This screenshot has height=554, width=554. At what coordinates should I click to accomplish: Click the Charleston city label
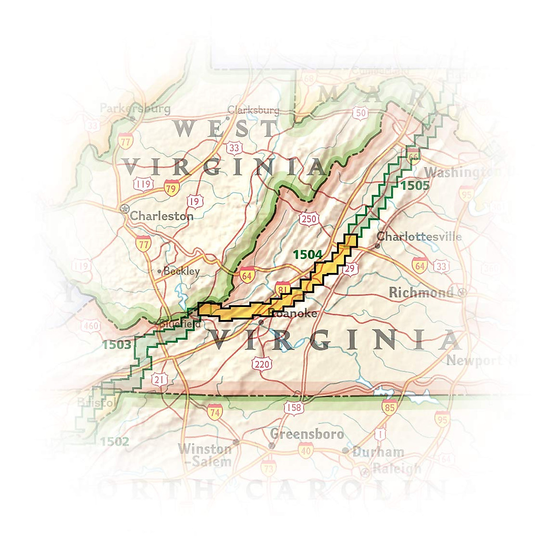[x=161, y=216]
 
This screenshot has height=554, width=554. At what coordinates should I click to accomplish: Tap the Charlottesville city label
[x=419, y=237]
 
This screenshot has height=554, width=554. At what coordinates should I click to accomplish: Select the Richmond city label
[x=421, y=293]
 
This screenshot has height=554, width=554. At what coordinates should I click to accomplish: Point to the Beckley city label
[x=181, y=271]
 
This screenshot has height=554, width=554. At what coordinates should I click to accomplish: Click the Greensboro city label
[x=307, y=434]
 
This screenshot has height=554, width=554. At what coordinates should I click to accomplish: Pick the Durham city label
[x=378, y=452]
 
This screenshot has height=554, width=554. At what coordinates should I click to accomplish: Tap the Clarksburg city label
[x=253, y=110]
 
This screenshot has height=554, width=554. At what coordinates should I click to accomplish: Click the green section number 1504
[x=307, y=254]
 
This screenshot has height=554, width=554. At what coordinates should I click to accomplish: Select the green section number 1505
[x=415, y=186]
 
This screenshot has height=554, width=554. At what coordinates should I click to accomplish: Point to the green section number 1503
[x=117, y=344]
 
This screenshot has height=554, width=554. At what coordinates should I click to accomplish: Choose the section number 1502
[x=114, y=441]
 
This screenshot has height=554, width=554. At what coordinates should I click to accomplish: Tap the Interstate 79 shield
[x=171, y=188]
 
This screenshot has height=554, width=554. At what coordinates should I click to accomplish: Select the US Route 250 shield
[x=309, y=218]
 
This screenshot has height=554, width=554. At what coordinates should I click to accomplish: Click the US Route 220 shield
[x=262, y=364]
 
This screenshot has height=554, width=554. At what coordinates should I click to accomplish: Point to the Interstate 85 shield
[x=389, y=407]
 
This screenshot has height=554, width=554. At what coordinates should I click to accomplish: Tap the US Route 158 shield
[x=294, y=407]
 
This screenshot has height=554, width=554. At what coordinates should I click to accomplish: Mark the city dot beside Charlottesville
[x=377, y=246]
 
